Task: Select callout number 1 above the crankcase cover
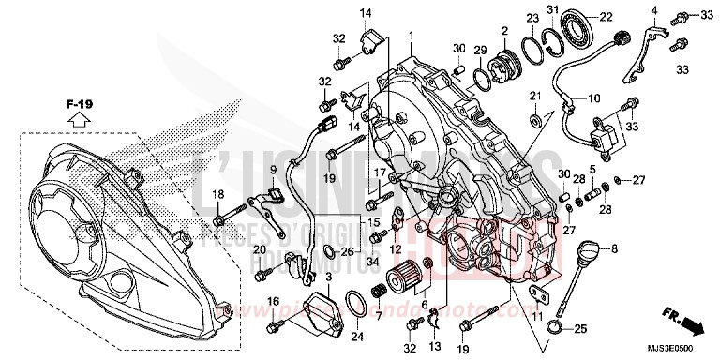click(411, 35)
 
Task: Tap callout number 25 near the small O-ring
click(580, 328)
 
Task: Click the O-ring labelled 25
click(556, 327)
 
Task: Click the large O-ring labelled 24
click(353, 302)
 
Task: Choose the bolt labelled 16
click(276, 324)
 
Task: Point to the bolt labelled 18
click(218, 220)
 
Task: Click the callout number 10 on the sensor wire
click(594, 97)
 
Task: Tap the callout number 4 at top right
click(653, 11)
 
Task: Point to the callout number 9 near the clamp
click(247, 169)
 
